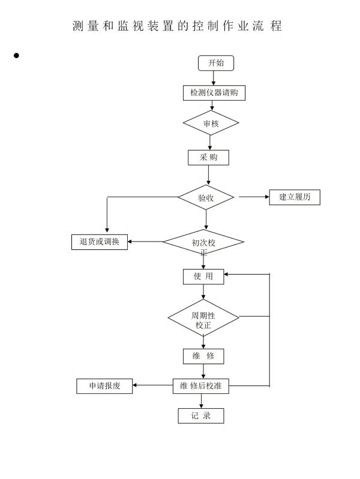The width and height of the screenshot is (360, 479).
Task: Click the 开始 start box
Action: click(x=216, y=63)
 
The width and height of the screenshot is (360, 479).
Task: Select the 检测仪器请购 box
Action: click(x=214, y=93)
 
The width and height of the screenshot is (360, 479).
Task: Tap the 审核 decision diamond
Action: click(x=211, y=123)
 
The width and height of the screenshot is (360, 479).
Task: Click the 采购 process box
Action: click(x=208, y=158)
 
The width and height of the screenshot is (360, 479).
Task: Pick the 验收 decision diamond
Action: click(x=206, y=197)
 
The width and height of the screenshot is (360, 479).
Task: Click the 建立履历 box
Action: click(x=295, y=197)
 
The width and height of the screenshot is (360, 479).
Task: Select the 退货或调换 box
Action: click(x=100, y=242)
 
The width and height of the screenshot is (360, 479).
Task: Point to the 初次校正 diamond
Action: click(x=203, y=242)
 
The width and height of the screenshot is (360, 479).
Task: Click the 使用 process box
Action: click(x=203, y=276)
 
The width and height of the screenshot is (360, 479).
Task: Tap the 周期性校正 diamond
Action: click(x=203, y=318)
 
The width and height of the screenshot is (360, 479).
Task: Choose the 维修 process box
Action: click(x=203, y=356)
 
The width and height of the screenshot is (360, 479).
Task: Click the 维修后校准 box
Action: click(x=200, y=386)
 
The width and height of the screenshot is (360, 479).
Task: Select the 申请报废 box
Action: click(x=104, y=386)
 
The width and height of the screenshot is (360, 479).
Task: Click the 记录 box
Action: click(x=201, y=416)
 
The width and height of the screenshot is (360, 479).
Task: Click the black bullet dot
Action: click(x=16, y=55)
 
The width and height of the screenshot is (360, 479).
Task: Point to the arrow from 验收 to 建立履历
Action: click(x=254, y=197)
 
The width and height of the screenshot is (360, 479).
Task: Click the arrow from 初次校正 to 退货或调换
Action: click(x=145, y=242)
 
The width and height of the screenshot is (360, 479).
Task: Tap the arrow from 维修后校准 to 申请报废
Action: click(x=152, y=385)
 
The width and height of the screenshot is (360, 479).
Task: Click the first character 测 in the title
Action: click(x=78, y=26)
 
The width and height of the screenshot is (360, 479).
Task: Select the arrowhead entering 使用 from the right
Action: click(x=226, y=275)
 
